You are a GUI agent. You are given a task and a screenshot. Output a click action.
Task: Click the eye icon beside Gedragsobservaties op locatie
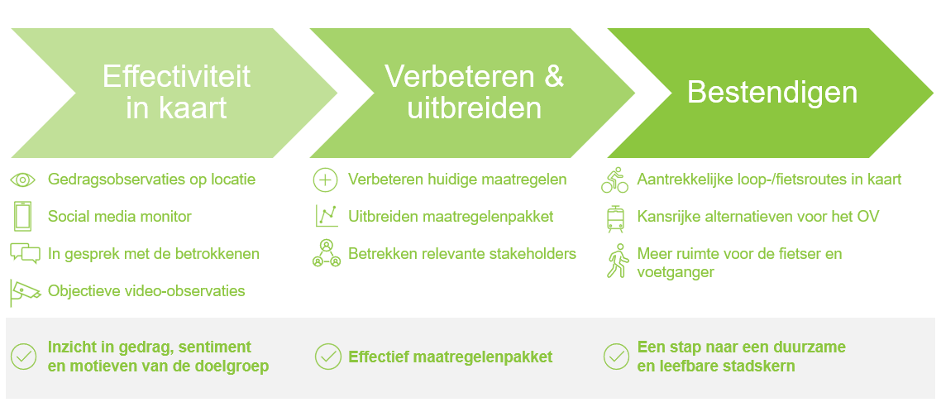point(24,180)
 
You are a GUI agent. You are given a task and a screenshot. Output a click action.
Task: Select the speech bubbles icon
point(25,253)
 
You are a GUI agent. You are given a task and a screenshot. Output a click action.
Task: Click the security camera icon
point(25,292)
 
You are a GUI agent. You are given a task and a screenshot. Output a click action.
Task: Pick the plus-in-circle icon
point(325,180)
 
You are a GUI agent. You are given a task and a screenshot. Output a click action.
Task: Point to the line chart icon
point(327,216)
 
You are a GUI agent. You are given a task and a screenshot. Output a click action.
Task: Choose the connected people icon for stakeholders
point(327,253)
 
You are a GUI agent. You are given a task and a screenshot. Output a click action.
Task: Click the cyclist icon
point(614,180)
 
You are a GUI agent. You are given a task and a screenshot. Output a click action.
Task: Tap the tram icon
point(615,219)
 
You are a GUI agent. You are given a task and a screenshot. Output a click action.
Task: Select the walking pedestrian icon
point(616,261)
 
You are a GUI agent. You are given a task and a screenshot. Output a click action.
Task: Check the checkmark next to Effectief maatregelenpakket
point(327,357)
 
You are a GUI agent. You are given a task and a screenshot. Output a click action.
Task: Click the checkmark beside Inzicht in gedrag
point(24,357)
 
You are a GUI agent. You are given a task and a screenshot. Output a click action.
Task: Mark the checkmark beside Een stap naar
point(616,357)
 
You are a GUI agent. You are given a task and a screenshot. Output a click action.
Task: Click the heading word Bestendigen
point(772,93)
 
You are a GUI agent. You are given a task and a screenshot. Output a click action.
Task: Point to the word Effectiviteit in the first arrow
point(176,77)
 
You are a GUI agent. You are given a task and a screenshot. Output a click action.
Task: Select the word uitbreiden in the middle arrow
point(474,109)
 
